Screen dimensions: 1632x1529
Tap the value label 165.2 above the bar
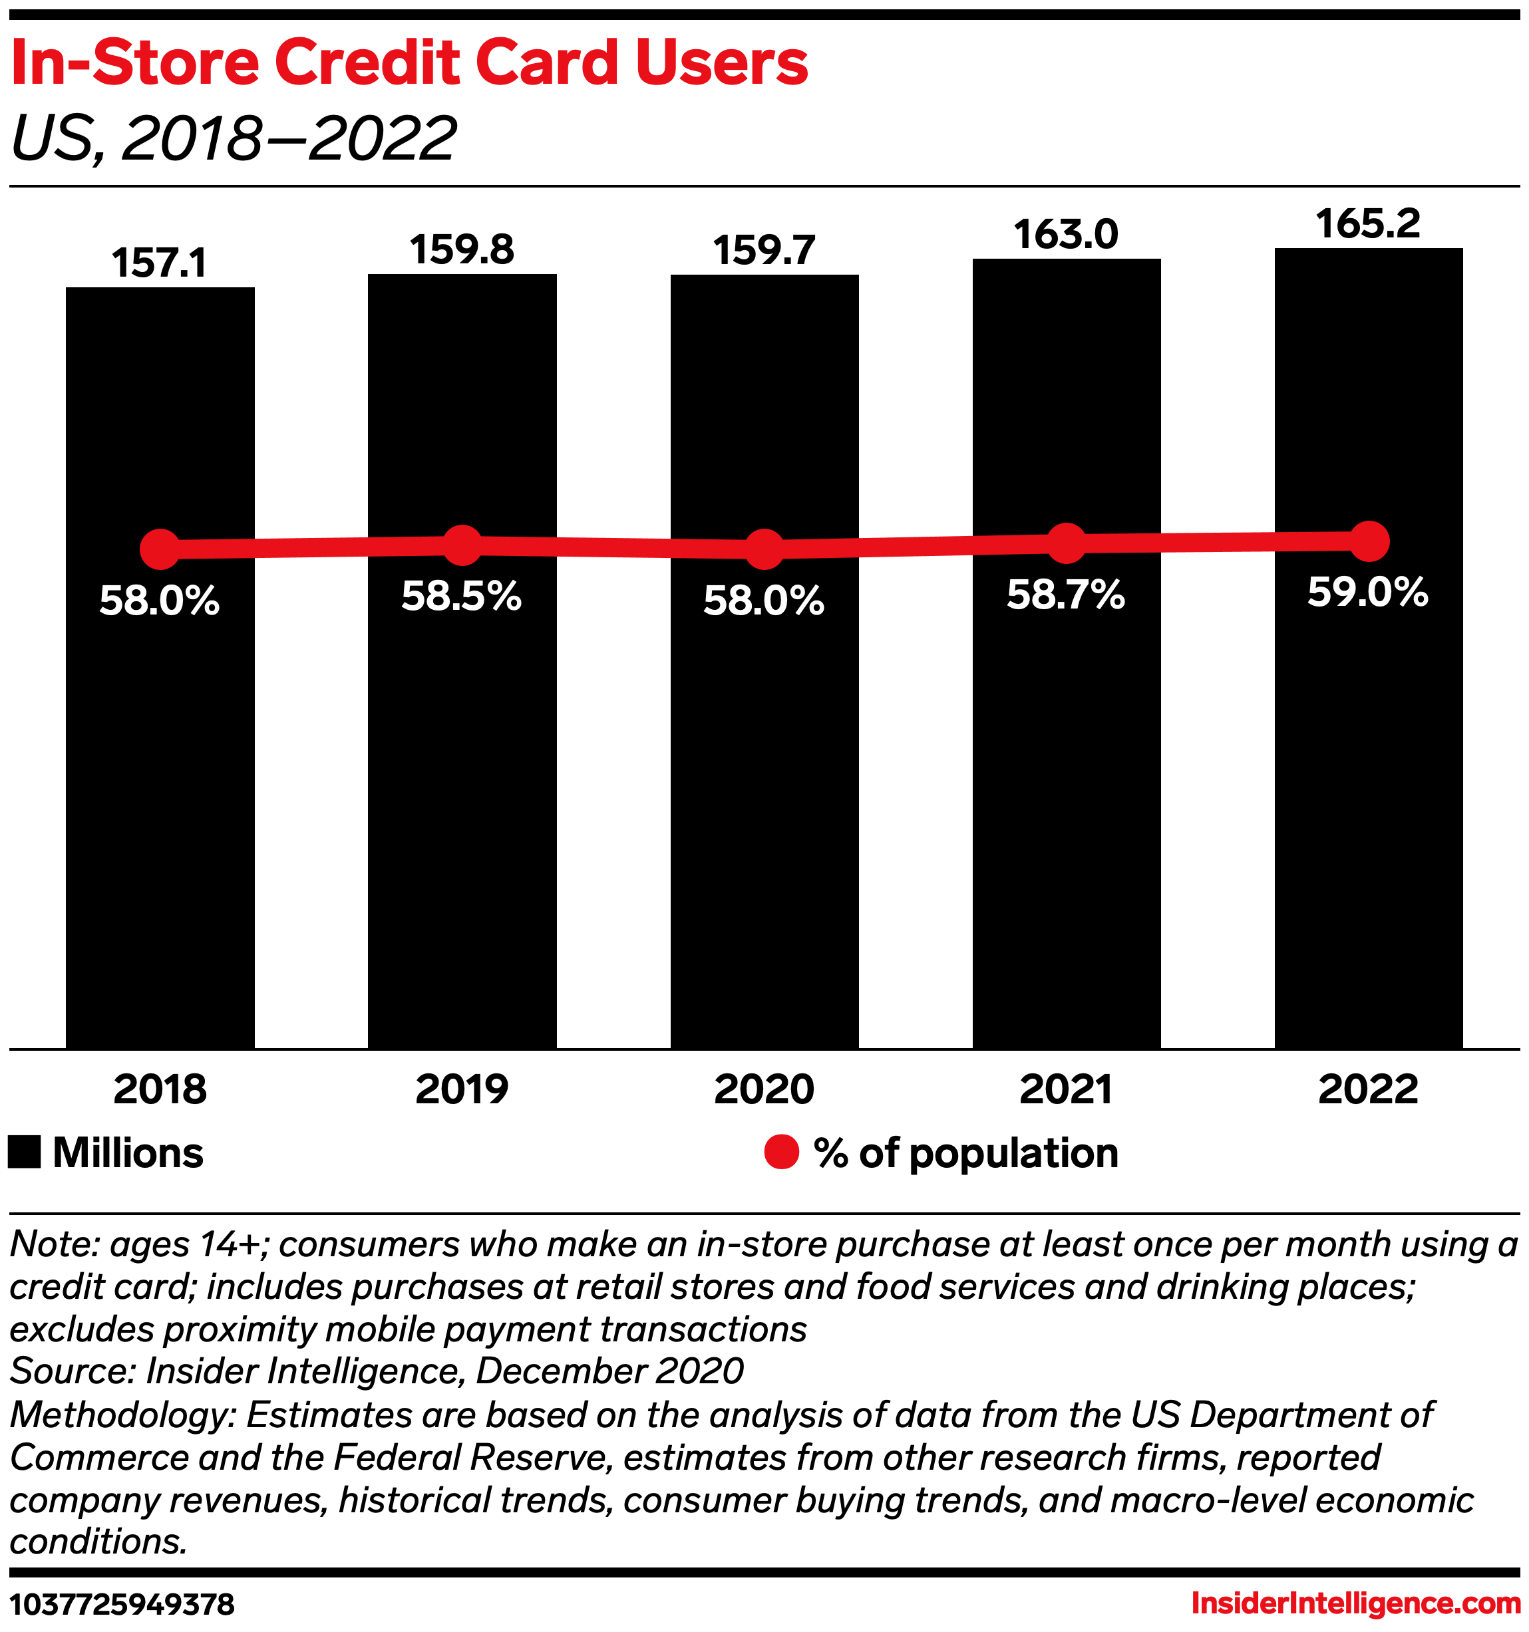click(x=1368, y=224)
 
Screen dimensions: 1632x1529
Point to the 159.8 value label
click(x=462, y=249)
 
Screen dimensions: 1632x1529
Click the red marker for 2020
click(x=764, y=549)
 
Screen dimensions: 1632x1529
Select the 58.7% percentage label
click(x=1066, y=595)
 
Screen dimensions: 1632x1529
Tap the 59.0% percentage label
click(x=1368, y=592)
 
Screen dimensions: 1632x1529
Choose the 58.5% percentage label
click(x=462, y=596)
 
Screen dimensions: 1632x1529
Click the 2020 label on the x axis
click(x=764, y=1089)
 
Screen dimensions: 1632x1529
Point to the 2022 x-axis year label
click(x=1368, y=1089)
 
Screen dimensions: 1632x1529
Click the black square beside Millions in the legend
click(x=25, y=1152)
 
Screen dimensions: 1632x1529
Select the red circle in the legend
click(x=781, y=1152)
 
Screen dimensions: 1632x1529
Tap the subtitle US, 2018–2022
click(x=234, y=138)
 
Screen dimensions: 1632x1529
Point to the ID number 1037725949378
click(x=122, y=1603)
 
